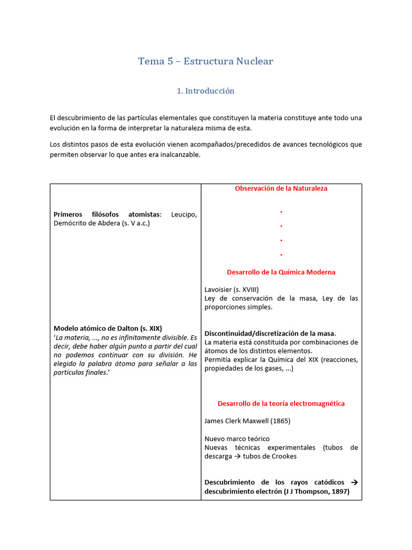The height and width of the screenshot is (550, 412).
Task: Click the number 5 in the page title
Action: click(x=170, y=61)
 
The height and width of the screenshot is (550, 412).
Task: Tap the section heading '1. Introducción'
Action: click(x=205, y=91)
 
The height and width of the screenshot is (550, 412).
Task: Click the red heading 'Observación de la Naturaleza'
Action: click(x=281, y=189)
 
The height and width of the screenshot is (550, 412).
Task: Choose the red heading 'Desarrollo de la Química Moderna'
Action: click(x=281, y=272)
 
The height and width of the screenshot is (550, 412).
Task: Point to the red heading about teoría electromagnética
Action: click(x=281, y=403)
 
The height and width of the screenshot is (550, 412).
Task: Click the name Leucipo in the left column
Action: click(x=184, y=215)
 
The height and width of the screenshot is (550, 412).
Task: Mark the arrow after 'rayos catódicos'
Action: click(x=354, y=482)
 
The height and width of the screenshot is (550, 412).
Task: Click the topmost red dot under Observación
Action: click(x=281, y=212)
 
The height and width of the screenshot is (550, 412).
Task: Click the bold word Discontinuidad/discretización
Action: click(x=254, y=334)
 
